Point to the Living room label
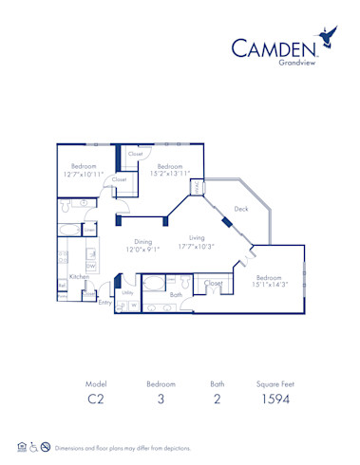[x=197, y=239]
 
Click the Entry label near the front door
[x=104, y=303]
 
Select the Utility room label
[x=127, y=293]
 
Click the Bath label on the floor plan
[x=176, y=294]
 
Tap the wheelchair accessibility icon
[x=35, y=446]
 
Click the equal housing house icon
[x=22, y=446]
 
